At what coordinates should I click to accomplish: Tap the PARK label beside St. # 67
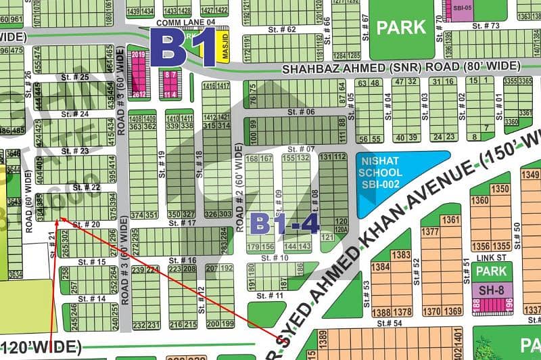pyautogui.click(x=401, y=28)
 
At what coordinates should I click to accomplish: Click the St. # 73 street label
pyautogui.click(x=486, y=26)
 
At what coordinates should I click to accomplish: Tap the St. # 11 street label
pyautogui.click(x=270, y=296)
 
